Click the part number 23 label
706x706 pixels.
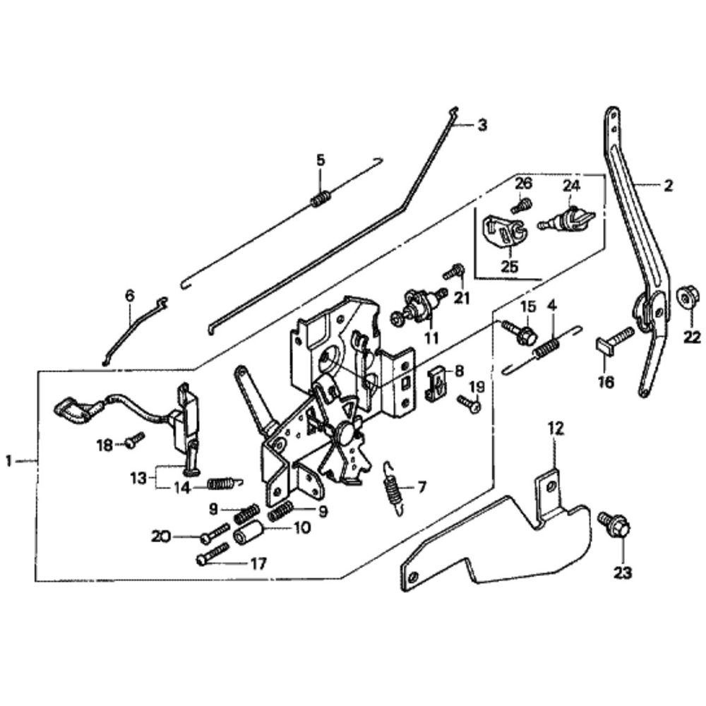tap(623, 573)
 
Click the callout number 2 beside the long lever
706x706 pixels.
tap(668, 186)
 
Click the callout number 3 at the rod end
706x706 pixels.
tap(481, 124)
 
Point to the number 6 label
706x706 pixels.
tap(130, 295)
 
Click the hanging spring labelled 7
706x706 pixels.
tap(393, 489)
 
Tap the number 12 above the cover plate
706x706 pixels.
tap(556, 429)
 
